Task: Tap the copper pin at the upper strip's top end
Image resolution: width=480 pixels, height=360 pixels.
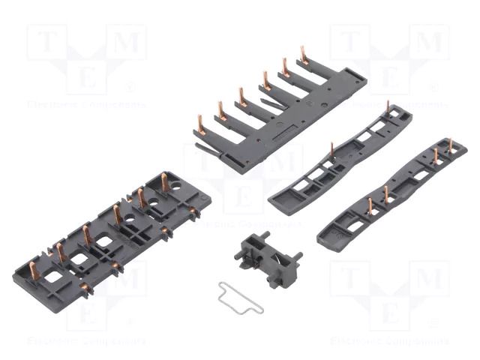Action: coord(388,107)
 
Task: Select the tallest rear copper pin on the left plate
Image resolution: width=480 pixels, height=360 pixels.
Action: coord(164,181)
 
